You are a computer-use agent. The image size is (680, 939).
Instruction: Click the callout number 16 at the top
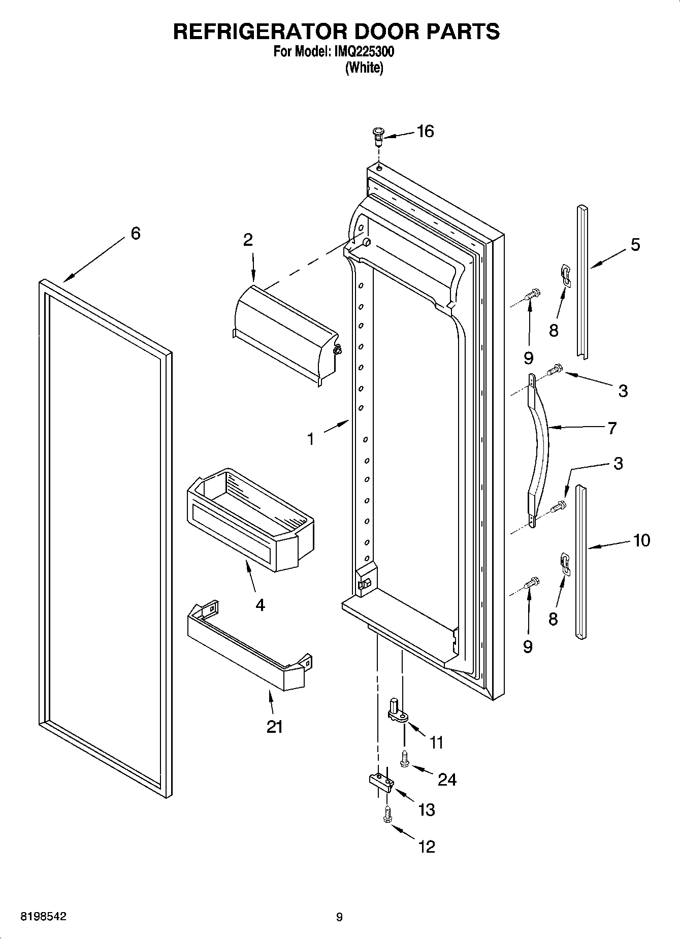425,132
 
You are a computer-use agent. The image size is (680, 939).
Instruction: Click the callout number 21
274,727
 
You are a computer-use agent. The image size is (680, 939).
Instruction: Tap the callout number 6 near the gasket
136,234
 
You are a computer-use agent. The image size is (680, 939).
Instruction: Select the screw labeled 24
405,758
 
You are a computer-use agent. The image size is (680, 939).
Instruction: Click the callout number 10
641,540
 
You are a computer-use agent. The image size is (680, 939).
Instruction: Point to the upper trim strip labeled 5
582,282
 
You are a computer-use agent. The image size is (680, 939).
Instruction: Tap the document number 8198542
43,917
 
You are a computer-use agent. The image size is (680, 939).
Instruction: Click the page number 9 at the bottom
339,917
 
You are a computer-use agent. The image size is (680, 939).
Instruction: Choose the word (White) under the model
364,68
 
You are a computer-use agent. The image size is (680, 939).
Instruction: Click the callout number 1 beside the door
310,439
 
